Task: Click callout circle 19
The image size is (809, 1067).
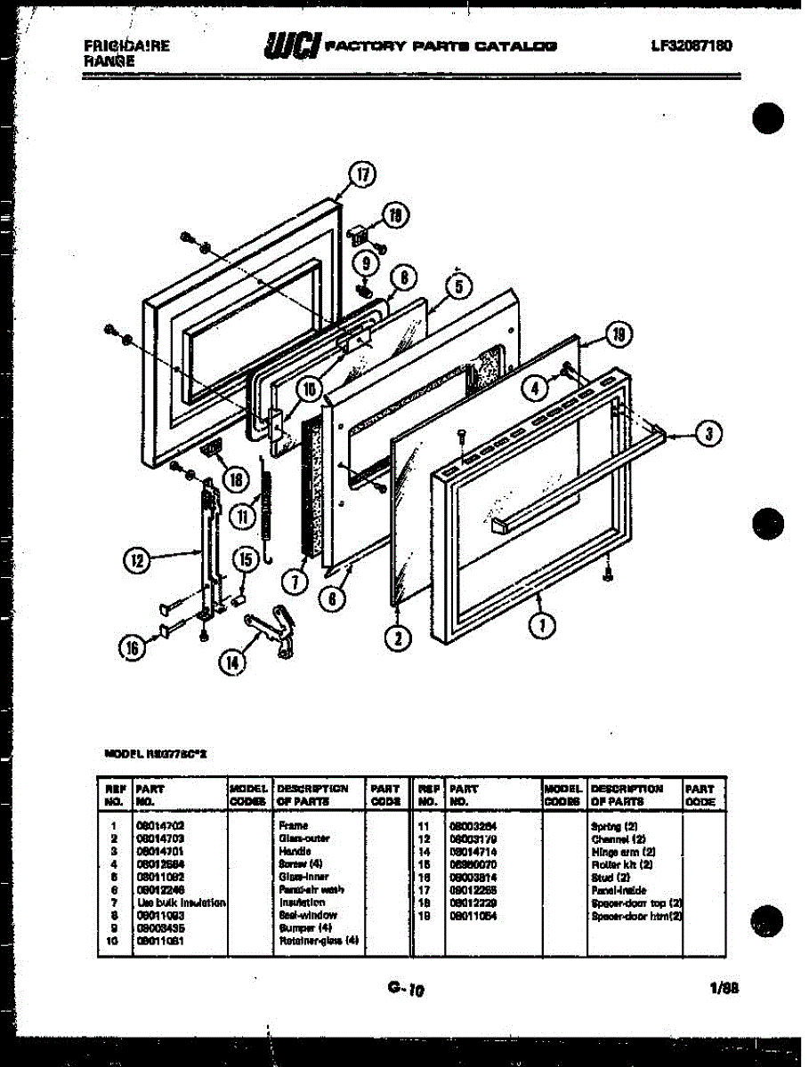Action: (620, 335)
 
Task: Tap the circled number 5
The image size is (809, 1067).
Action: (458, 286)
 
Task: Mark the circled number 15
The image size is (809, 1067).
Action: (245, 559)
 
